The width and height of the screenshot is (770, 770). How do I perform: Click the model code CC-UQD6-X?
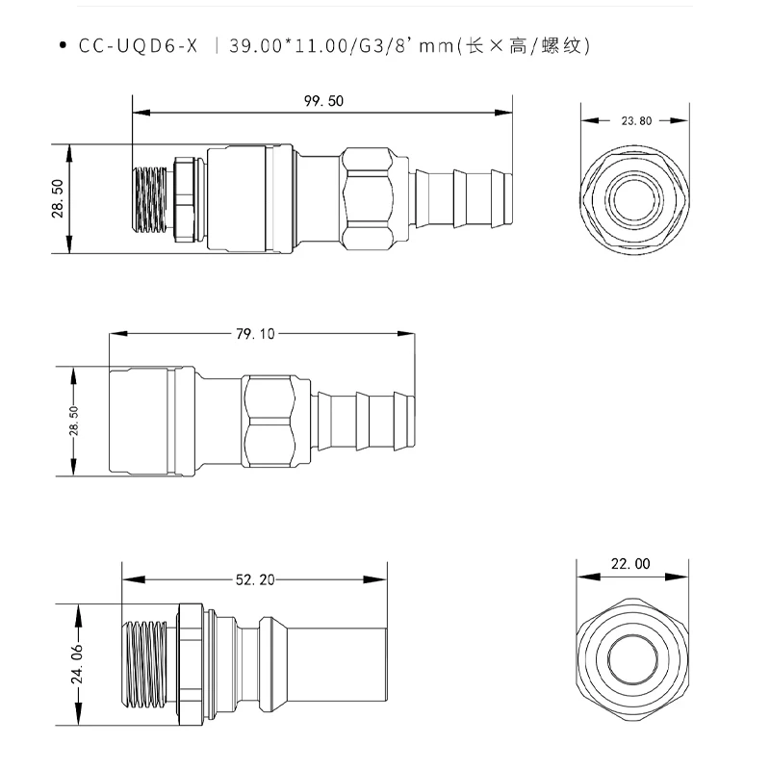pos(138,45)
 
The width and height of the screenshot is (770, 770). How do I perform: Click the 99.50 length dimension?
pos(323,101)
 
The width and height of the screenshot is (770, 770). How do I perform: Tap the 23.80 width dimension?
pos(636,121)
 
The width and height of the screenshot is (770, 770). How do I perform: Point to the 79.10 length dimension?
pos(255,334)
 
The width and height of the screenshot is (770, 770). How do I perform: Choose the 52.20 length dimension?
pos(255,579)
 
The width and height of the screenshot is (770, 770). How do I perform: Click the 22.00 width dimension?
pos(630,564)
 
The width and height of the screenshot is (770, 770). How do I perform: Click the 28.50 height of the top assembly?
pos(57,199)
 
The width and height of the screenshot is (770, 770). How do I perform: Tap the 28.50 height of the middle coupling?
pos(73,422)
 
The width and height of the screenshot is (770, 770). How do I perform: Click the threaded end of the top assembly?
pos(150,199)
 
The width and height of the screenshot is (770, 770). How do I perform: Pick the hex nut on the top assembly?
pos(369,196)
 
